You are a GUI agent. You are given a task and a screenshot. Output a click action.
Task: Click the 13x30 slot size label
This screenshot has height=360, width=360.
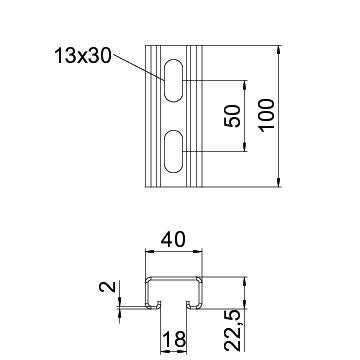[x=83, y=55]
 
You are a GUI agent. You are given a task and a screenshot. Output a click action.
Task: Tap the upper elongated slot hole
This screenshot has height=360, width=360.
[x=173, y=80]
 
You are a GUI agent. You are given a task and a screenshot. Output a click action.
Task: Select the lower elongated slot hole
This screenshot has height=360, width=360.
[x=173, y=151]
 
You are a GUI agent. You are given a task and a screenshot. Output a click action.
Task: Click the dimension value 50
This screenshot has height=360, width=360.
[x=232, y=116]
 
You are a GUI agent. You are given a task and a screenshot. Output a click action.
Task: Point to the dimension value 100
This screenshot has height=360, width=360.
[x=267, y=115]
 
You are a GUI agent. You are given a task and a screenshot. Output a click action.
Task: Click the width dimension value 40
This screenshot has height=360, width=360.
[x=173, y=240]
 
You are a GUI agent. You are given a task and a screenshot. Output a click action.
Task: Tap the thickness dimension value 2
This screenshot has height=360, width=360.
[x=107, y=287]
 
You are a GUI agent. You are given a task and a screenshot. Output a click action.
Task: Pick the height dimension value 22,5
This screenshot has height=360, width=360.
[x=233, y=330]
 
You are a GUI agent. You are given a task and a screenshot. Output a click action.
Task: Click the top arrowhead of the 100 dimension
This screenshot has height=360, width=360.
[x=279, y=49]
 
